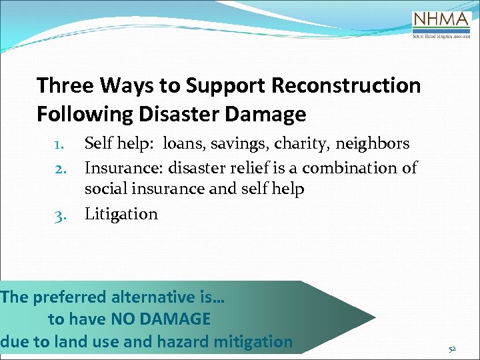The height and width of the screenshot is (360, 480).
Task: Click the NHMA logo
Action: pyautogui.click(x=441, y=24)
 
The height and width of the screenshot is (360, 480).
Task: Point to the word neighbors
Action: pyautogui.click(x=373, y=144)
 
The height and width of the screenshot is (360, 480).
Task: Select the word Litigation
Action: pyautogui.click(x=121, y=215)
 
